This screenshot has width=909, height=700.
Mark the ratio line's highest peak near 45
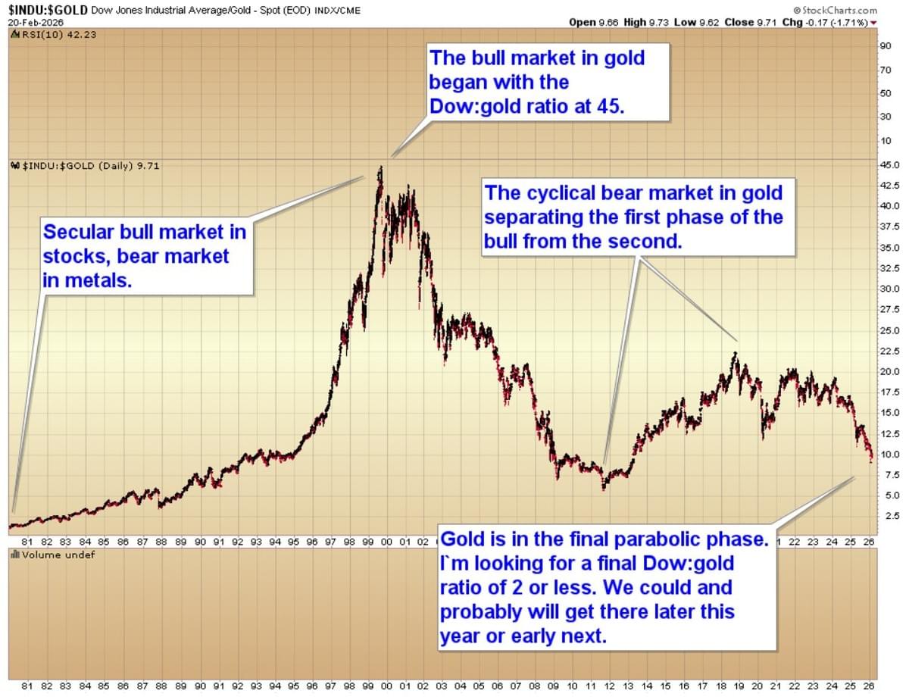pyautogui.click(x=380, y=168)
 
